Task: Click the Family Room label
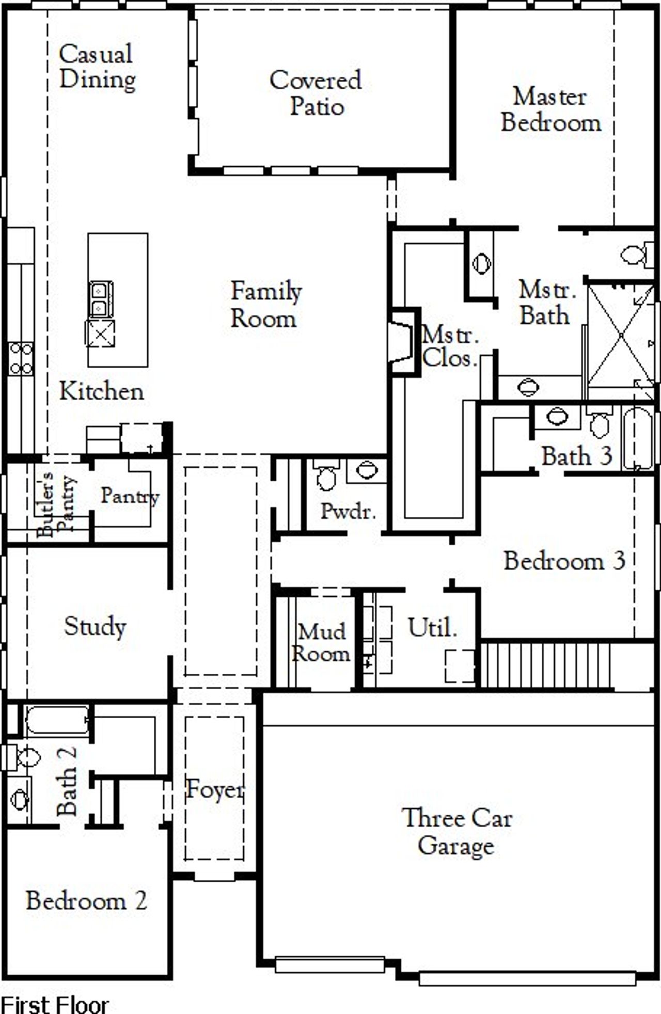click(265, 305)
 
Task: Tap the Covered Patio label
click(316, 93)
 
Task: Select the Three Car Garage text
click(457, 832)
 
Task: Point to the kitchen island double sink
click(101, 299)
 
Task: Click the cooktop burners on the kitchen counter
click(21, 359)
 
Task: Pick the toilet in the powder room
click(326, 476)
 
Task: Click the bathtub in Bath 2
click(56, 720)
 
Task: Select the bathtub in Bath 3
click(638, 439)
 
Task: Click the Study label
click(95, 627)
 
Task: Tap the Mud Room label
click(321, 643)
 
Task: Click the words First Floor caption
click(54, 1004)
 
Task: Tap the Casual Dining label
click(97, 67)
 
